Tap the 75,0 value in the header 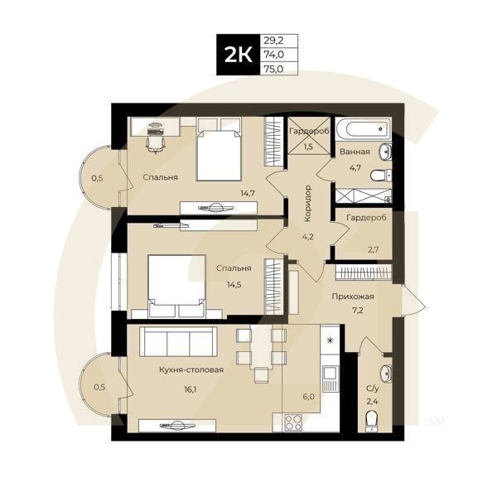pyautogui.click(x=272, y=69)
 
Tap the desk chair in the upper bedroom pyautogui.click(x=154, y=142)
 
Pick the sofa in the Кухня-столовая pyautogui.click(x=176, y=342)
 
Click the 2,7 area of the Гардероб pyautogui.click(x=372, y=248)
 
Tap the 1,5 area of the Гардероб pyautogui.click(x=307, y=147)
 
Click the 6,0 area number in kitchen pyautogui.click(x=309, y=396)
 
